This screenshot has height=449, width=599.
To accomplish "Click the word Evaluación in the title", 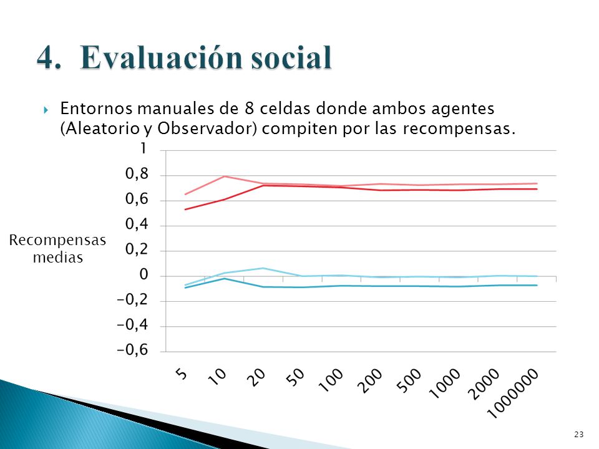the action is [x=162, y=57].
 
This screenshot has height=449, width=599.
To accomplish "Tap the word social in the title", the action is [x=291, y=57].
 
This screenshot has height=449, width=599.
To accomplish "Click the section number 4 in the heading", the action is [x=49, y=58].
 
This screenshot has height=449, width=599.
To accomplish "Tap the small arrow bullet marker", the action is [x=46, y=110].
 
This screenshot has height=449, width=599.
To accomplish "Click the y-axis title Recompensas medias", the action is [x=57, y=249].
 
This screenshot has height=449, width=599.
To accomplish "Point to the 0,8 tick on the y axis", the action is [x=137, y=175].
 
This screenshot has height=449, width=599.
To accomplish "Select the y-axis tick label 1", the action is [x=144, y=148].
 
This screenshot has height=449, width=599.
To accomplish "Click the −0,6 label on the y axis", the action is [x=132, y=350].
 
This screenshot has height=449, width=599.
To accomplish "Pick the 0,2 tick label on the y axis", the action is [x=137, y=249].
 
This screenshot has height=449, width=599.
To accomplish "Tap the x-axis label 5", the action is [x=183, y=374].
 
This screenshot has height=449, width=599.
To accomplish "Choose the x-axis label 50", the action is [x=295, y=377].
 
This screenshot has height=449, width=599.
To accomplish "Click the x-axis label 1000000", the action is [x=514, y=393].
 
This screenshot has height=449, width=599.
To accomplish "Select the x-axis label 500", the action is [x=409, y=380].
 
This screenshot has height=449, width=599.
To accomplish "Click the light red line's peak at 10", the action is [x=224, y=176].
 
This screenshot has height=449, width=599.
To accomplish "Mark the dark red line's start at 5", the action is [x=185, y=210].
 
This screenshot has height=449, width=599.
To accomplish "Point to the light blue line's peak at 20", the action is [x=263, y=268].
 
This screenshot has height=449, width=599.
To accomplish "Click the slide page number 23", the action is [x=579, y=434].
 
